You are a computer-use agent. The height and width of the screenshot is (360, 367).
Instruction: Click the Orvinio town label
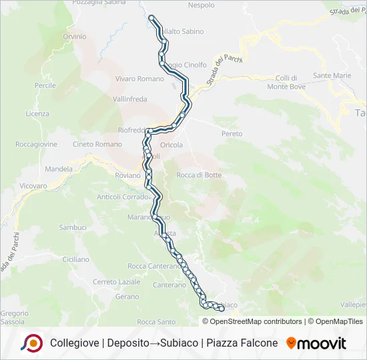[x=75, y=36]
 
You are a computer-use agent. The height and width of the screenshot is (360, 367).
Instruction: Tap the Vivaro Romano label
[x=139, y=79]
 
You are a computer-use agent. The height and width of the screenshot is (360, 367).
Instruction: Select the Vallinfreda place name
[x=129, y=99]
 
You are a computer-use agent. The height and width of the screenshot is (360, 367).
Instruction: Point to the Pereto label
[x=232, y=134]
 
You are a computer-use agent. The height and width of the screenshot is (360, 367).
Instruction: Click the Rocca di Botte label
[x=199, y=175]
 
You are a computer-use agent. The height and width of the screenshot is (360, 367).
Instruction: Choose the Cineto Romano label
[x=97, y=144]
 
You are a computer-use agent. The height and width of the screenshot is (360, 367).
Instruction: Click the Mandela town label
[x=59, y=169]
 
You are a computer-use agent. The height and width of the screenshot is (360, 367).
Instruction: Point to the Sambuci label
[x=73, y=227]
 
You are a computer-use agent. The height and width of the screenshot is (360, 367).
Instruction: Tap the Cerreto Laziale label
[x=117, y=281]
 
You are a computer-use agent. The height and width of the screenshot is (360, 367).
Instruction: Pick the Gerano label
[x=127, y=297]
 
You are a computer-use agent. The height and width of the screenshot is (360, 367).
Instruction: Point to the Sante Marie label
[x=332, y=75]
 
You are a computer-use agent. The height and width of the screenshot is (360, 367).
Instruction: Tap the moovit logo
[x=316, y=343]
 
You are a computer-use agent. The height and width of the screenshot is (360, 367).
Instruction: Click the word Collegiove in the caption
[x=73, y=343]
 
